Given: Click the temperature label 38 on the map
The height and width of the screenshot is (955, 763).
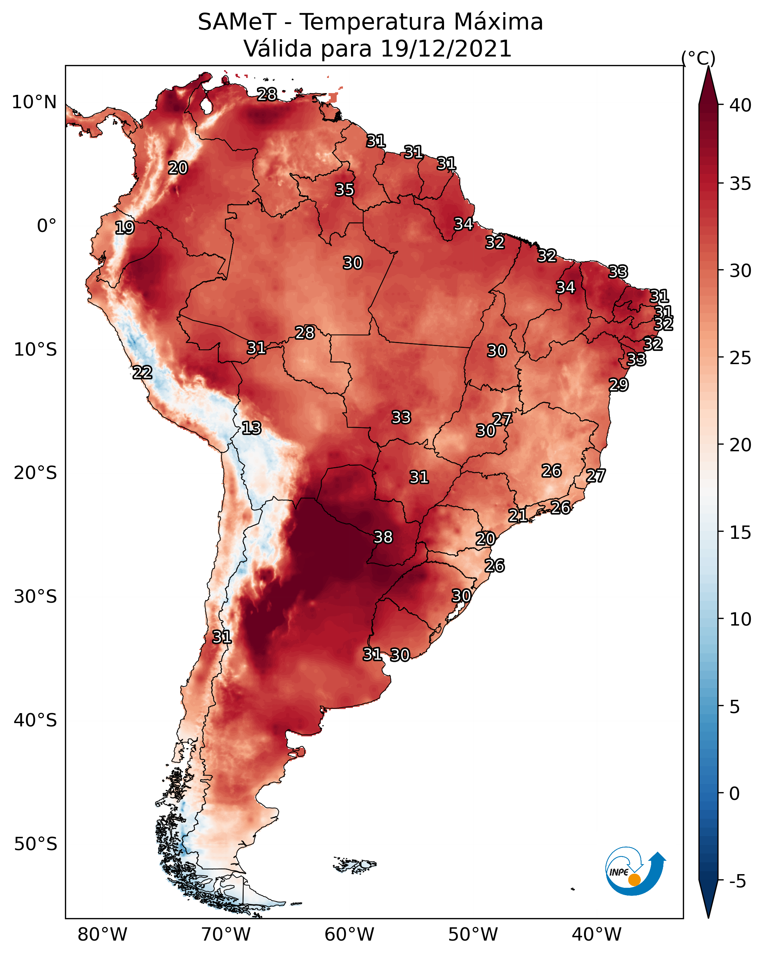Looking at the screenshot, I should [383, 537].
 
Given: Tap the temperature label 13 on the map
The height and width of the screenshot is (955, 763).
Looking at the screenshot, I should [251, 428].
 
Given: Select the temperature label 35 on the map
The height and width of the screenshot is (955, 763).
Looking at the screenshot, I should [344, 189].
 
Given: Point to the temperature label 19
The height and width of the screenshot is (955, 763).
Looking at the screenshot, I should [124, 228].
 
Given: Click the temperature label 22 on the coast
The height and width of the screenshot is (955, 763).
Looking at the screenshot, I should [142, 373].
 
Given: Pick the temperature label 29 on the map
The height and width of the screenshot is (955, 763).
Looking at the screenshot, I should [619, 384].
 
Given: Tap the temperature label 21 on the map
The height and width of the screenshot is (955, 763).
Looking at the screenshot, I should [518, 515].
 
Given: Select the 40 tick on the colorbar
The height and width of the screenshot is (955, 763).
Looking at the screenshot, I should [740, 105].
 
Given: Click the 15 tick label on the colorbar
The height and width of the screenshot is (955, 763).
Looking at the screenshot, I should [740, 533].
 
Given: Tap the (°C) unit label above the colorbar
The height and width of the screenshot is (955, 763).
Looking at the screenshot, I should [698, 58].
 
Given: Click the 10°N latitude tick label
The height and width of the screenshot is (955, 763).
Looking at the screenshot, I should [34, 102].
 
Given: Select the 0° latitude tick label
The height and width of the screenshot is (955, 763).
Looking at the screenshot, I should [47, 226].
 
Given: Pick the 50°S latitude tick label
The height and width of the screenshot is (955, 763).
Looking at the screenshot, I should [35, 844].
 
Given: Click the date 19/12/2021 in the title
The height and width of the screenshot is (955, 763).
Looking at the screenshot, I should [446, 48].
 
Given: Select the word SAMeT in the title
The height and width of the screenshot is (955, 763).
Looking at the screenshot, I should [237, 22].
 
